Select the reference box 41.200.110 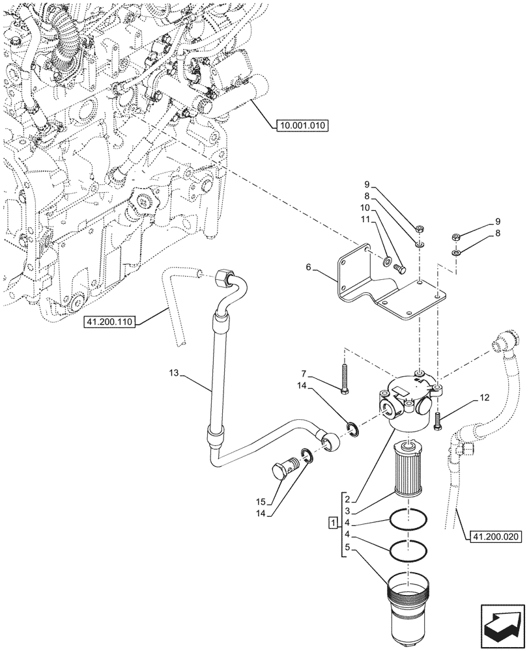coord(109,322)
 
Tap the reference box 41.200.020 coord(493,536)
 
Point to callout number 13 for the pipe coord(173,374)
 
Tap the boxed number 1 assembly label coord(333,523)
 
